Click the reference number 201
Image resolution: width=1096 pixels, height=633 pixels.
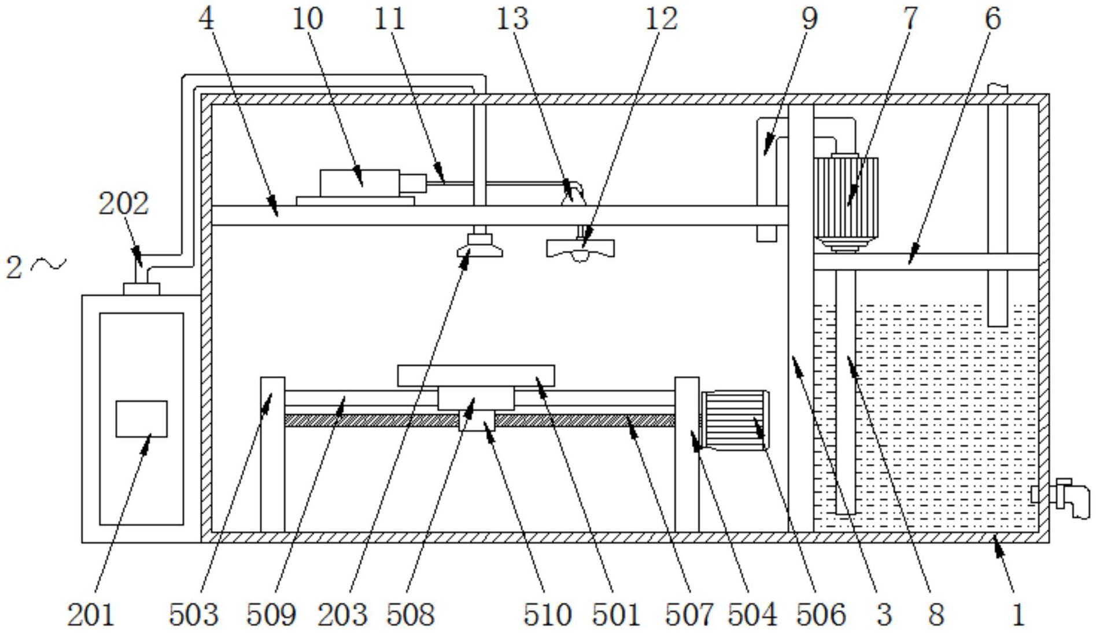click(91, 615)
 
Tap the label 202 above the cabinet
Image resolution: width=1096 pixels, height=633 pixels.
click(124, 204)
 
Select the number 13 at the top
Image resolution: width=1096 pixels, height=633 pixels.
click(512, 19)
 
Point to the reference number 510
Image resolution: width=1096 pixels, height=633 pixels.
click(547, 615)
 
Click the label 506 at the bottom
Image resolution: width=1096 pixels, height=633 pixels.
click(821, 615)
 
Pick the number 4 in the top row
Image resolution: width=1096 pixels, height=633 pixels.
click(206, 19)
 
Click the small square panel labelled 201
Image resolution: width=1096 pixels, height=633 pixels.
click(142, 419)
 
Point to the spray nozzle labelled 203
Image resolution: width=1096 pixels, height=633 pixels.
click(479, 245)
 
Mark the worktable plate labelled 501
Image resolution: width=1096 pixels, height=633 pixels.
click(476, 376)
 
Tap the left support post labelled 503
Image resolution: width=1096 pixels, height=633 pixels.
click(272, 454)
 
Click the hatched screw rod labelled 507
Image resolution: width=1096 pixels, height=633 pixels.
click(584, 421)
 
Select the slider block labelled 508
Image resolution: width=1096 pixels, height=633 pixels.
click(475, 398)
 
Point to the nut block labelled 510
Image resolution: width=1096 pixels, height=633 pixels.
click(477, 421)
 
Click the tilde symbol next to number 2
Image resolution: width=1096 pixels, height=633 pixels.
click(49, 265)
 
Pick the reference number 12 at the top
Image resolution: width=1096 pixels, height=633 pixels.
click(661, 19)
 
